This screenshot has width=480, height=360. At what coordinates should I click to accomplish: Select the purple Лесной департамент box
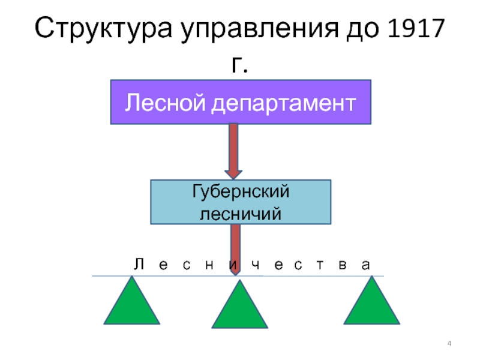(x=241, y=101)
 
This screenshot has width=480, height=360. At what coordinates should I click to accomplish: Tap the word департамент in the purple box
(x=283, y=103)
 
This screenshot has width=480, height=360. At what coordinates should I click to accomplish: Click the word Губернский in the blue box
(x=241, y=191)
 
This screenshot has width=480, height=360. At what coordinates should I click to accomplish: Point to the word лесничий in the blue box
(x=241, y=212)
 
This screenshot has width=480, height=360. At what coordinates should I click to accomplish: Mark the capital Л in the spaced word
(x=138, y=265)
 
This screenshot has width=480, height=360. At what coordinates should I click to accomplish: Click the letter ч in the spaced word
(x=256, y=266)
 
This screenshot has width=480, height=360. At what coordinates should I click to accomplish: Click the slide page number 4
(x=450, y=343)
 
